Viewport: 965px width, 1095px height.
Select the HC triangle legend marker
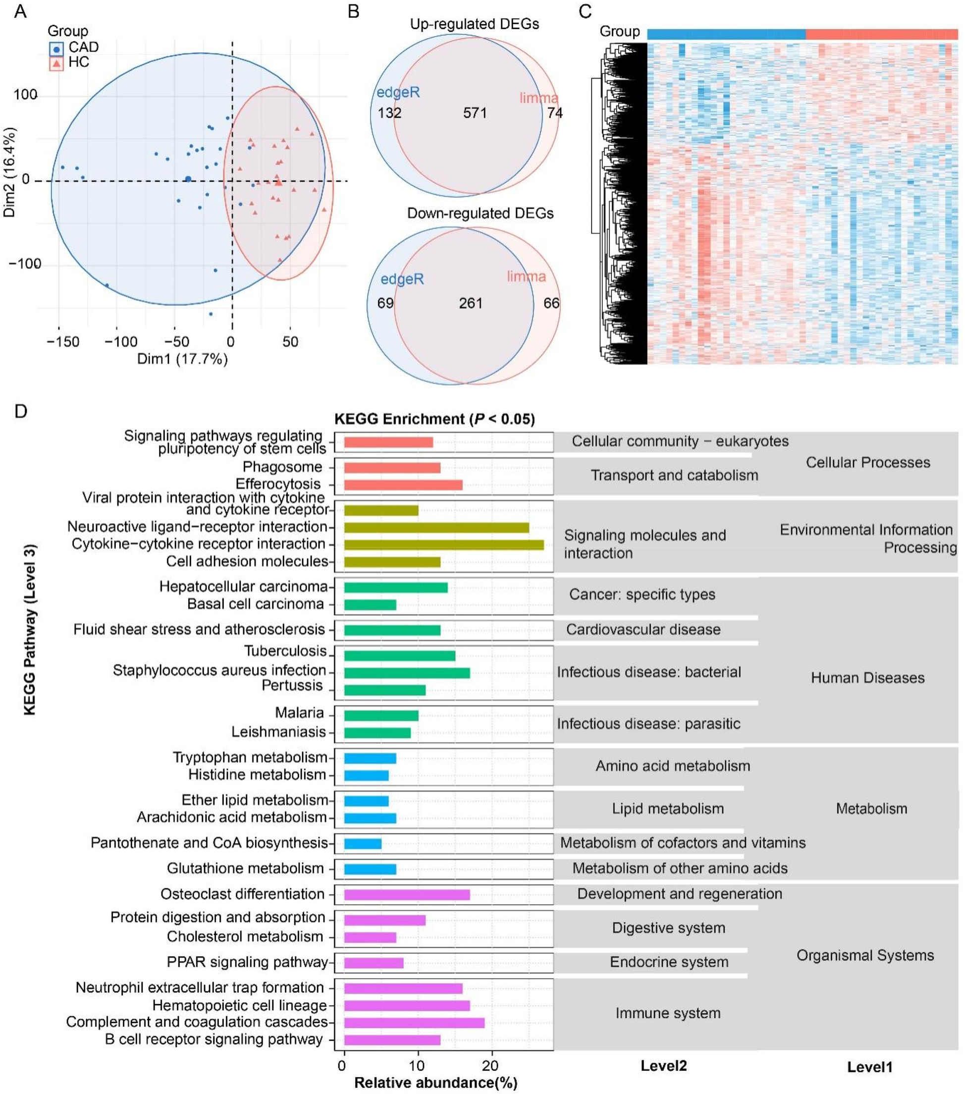pyautogui.click(x=56, y=64)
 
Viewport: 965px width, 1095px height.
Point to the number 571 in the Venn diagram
pyautogui.click(x=475, y=113)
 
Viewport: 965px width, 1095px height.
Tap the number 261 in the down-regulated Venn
pyautogui.click(x=470, y=303)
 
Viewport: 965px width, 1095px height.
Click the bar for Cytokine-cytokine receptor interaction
pyautogui.click(x=443, y=545)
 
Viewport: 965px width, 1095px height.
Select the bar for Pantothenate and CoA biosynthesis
pyautogui.click(x=363, y=844)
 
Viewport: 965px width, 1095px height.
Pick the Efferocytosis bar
pyautogui.click(x=403, y=485)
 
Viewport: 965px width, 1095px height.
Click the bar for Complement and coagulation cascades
pyautogui.click(x=414, y=1023)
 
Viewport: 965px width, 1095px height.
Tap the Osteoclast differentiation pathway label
pyautogui.click(x=242, y=894)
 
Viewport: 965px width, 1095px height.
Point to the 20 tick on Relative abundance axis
pyautogui.click(x=490, y=1066)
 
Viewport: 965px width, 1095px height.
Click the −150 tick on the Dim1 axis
pyautogui.click(x=63, y=342)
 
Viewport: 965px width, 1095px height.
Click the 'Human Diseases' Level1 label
pyautogui.click(x=867, y=678)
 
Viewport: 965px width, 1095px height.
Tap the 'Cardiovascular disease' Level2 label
pyautogui.click(x=643, y=629)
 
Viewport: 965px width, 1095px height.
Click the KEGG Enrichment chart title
pyautogui.click(x=434, y=419)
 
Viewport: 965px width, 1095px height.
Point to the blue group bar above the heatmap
pyautogui.click(x=726, y=34)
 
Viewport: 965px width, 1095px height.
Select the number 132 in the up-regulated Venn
pyautogui.click(x=389, y=113)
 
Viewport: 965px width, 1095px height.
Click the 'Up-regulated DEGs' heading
pyautogui.click(x=474, y=24)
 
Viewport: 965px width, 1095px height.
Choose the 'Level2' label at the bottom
pyautogui.click(x=663, y=1066)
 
